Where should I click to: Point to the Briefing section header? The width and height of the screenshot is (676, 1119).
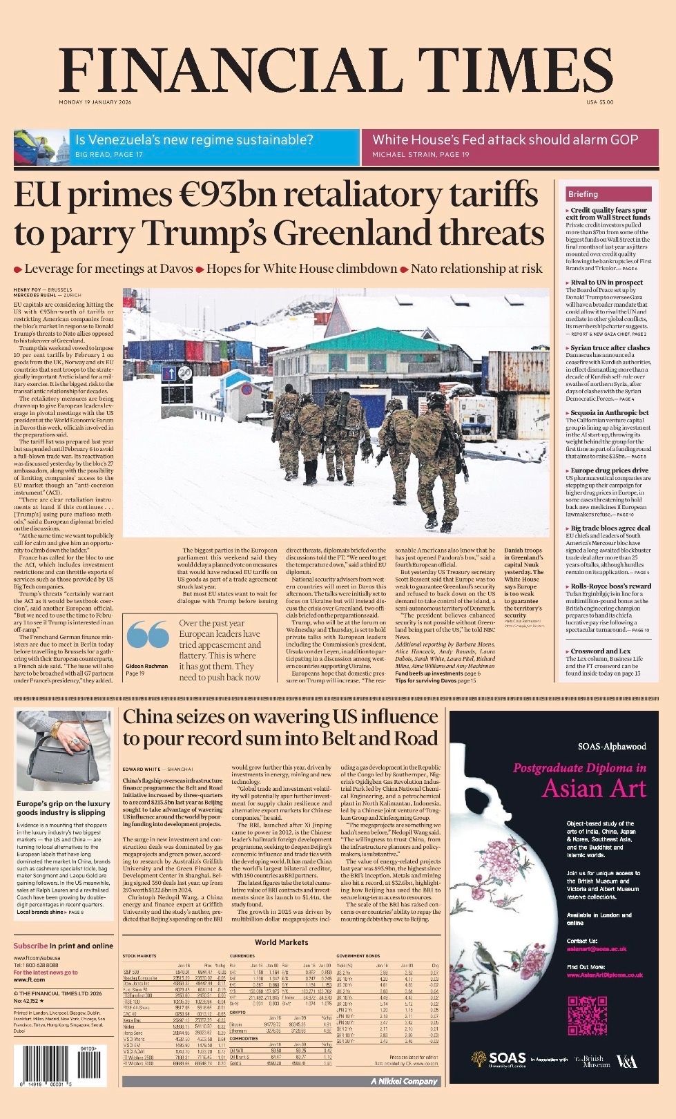(x=583, y=194)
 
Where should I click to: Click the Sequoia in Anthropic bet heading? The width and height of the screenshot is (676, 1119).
(x=610, y=412)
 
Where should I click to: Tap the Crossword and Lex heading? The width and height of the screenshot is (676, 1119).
(x=600, y=651)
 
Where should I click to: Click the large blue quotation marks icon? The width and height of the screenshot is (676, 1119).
(x=148, y=633)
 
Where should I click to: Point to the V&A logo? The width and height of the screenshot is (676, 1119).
(x=626, y=1061)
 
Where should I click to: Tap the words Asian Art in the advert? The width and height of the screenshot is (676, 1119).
(x=594, y=788)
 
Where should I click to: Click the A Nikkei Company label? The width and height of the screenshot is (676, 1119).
(x=405, y=1081)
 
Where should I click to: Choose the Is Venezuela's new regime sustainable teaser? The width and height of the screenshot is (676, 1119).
(x=193, y=140)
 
